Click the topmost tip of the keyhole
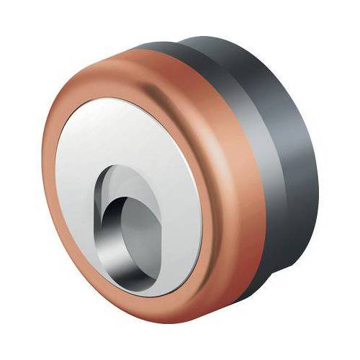click(x=119, y=165)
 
